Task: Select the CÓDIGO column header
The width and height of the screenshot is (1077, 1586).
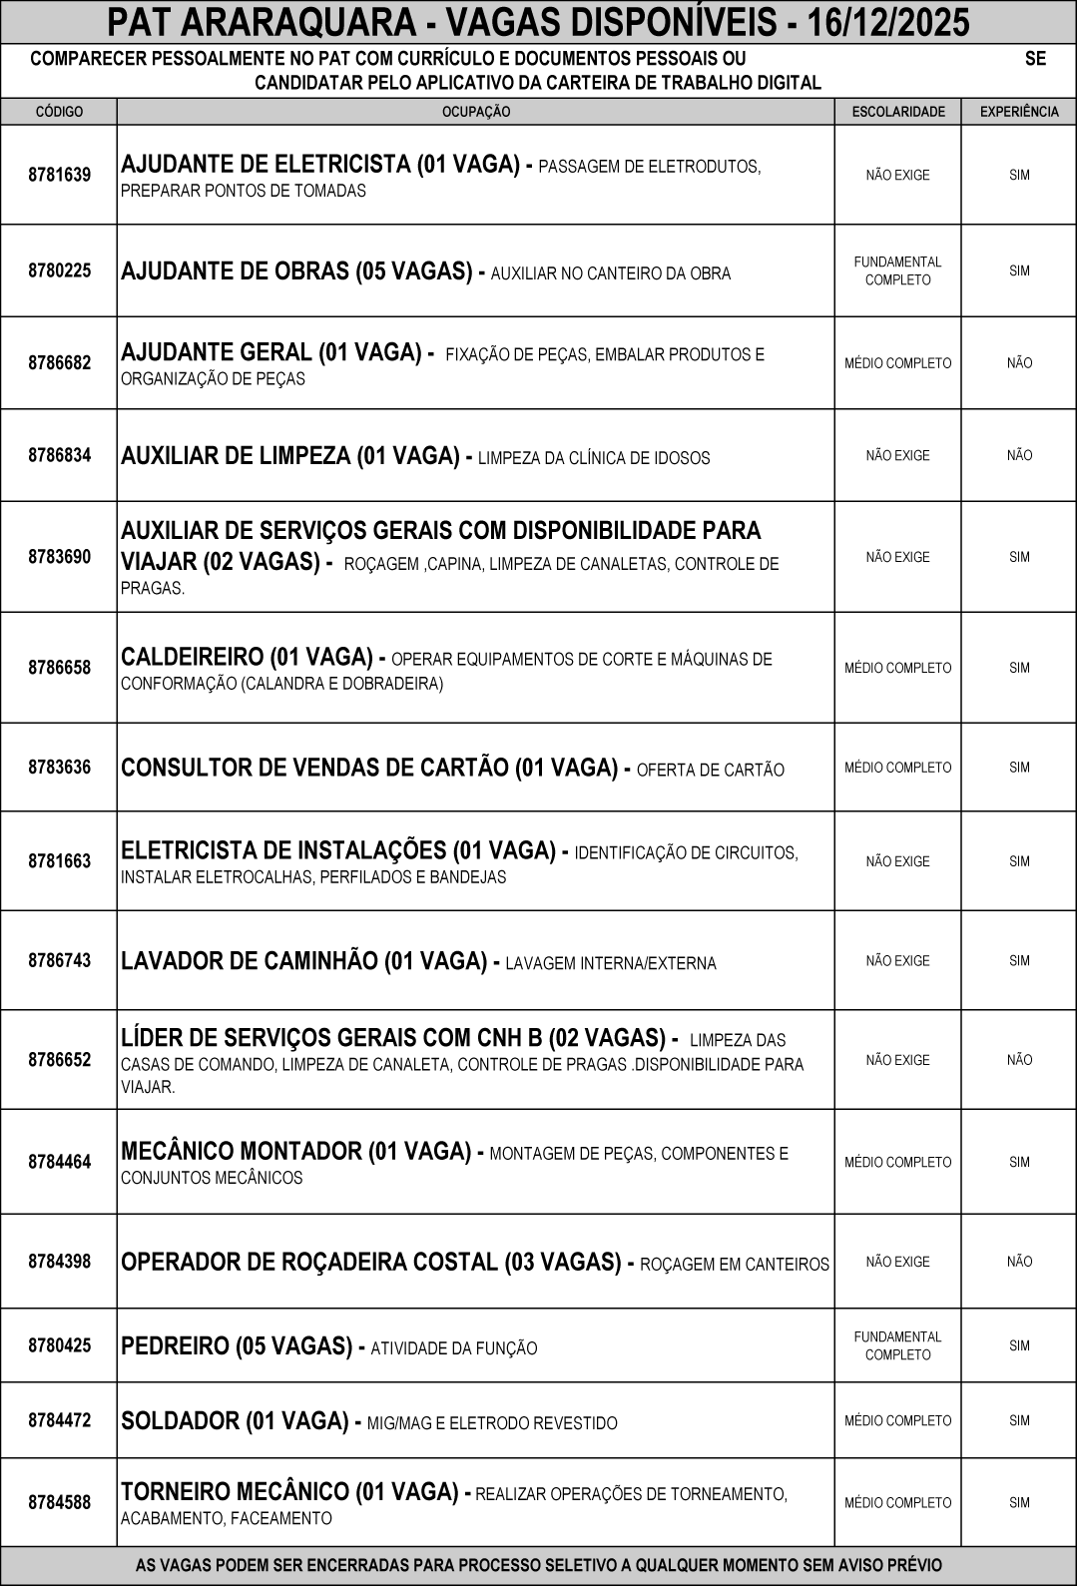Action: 59,112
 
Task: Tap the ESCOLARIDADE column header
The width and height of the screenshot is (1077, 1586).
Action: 898,112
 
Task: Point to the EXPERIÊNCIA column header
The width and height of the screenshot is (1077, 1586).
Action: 1019,112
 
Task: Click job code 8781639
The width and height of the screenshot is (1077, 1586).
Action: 59,175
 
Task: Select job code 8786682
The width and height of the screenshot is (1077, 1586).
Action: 59,362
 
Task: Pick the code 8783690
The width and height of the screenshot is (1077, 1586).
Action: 59,556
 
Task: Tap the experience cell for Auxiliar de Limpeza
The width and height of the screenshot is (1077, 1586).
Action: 1019,455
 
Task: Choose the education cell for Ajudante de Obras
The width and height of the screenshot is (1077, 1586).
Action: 898,270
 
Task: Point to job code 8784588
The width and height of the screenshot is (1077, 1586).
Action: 59,1501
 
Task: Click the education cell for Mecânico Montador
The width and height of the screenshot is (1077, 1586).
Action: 898,1162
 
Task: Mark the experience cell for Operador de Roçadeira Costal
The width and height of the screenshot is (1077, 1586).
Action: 1019,1262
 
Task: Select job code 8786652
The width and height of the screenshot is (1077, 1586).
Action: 59,1059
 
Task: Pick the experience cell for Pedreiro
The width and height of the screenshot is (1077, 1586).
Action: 1019,1345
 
